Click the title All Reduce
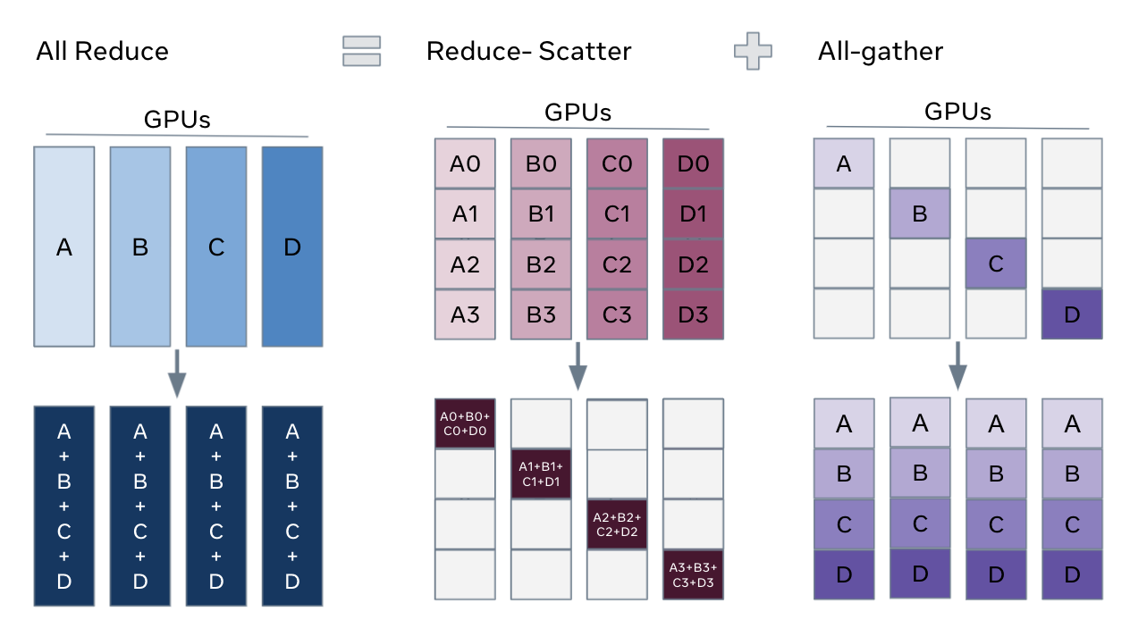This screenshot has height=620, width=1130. [102, 51]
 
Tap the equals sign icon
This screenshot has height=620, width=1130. [361, 51]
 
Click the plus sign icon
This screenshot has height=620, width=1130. [752, 51]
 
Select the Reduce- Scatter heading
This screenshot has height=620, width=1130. [528, 51]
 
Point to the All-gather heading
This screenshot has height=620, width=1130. [880, 51]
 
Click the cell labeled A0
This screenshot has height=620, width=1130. [465, 164]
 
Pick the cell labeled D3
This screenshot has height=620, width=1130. [693, 314]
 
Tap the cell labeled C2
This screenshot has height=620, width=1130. [617, 264]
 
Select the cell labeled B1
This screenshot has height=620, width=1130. [541, 214]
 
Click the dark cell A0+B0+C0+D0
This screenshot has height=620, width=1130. [465, 423]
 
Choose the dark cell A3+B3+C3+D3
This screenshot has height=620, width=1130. [693, 574]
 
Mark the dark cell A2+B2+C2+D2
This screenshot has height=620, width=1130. [617, 524]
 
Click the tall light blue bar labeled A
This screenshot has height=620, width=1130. [64, 247]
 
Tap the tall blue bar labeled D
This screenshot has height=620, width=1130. [292, 247]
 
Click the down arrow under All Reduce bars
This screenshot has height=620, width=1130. [177, 373]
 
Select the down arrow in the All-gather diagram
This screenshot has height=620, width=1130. [957, 364]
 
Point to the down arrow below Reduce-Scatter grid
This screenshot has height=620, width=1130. [578, 364]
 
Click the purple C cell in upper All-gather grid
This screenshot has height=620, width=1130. [996, 264]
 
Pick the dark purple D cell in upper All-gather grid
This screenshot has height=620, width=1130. [1072, 314]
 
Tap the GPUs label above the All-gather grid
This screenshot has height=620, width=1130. [957, 112]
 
